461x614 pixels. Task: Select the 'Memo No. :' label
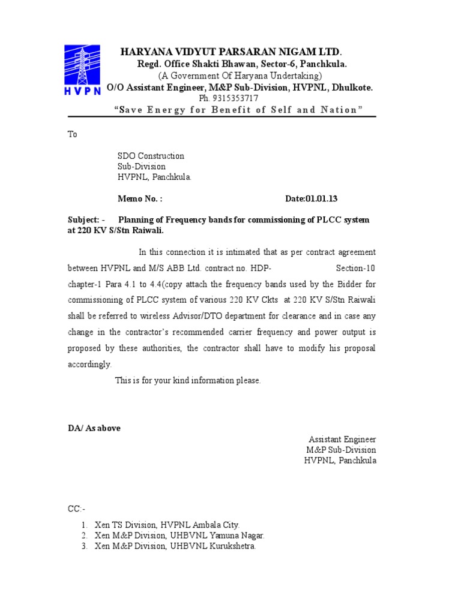click(139, 199)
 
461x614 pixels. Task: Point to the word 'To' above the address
click(72, 134)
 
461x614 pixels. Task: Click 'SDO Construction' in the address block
click(150, 156)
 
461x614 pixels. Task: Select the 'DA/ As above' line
click(94, 428)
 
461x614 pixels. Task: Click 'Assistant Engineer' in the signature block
click(342, 439)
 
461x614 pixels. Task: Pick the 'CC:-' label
click(76, 508)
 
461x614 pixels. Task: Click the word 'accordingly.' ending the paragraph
click(89, 364)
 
